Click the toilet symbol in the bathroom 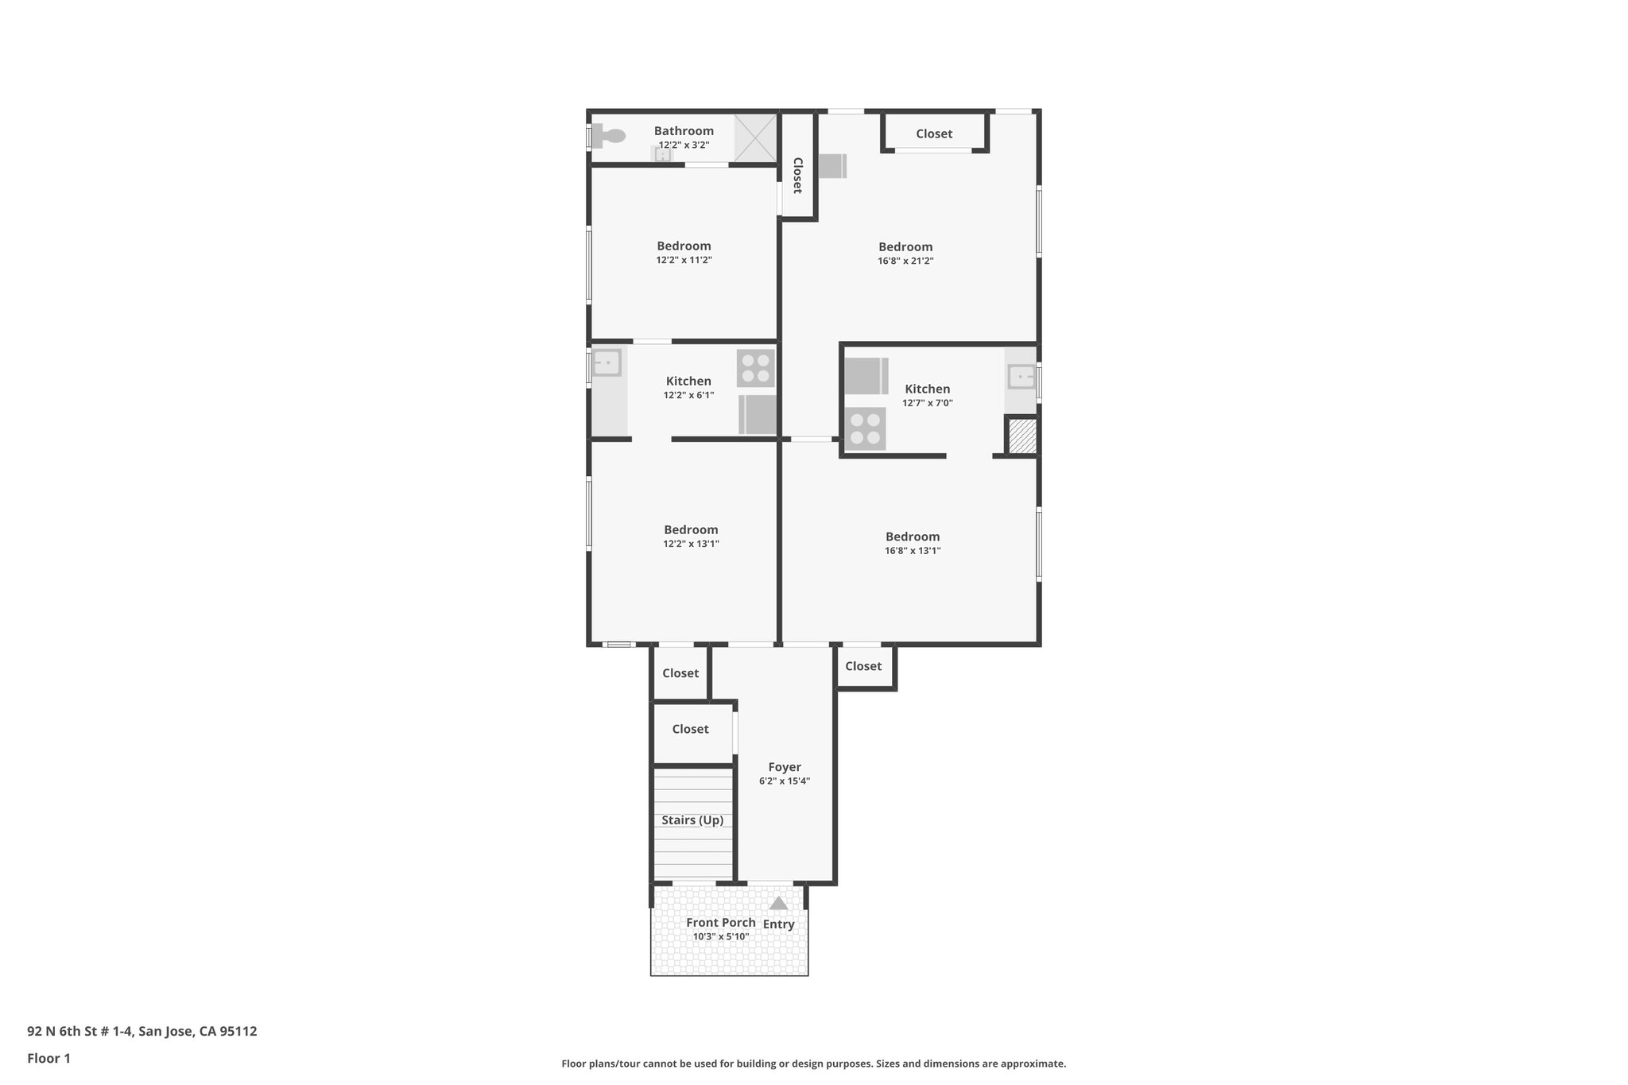pos(609,135)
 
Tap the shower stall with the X pos(754,138)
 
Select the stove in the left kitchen pos(755,368)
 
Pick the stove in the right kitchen pos(865,428)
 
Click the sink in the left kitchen pos(607,363)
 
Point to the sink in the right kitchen pos(1021,376)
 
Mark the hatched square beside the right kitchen pos(1022,436)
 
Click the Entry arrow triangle pos(778,903)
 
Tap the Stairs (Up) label pos(692,820)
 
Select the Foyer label pos(785,767)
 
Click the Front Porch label pos(721,923)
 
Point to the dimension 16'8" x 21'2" pos(905,261)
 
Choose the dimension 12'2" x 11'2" pos(684,260)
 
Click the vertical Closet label pos(797,175)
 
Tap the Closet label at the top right pos(934,134)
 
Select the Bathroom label pos(684,131)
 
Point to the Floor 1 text pos(48,1058)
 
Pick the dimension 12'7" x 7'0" pos(927,403)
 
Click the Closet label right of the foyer pos(863,666)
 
